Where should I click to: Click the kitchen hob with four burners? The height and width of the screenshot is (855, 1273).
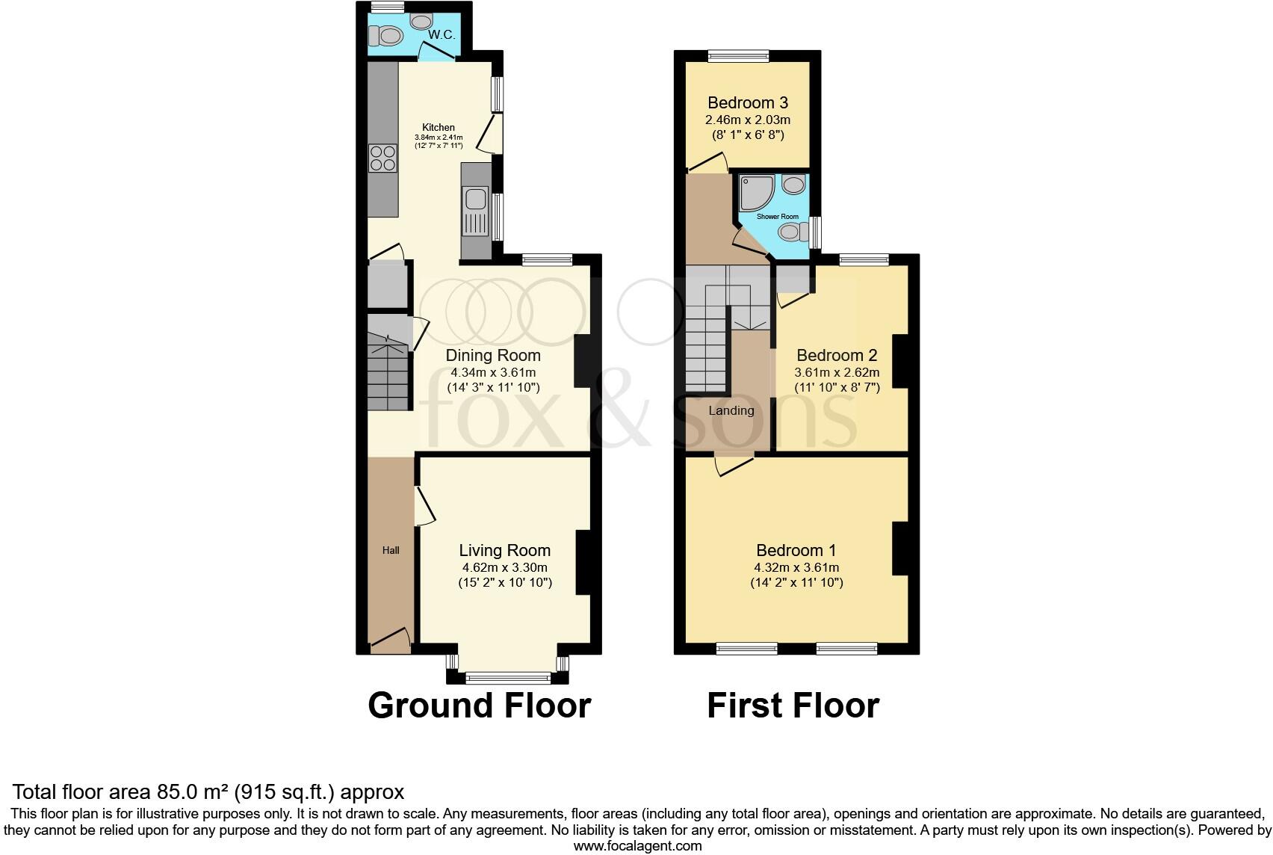[382, 158]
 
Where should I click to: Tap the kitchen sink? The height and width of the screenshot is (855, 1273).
[474, 200]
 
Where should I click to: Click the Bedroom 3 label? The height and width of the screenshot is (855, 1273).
[748, 103]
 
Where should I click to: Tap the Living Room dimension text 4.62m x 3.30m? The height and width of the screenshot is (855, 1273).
[504, 567]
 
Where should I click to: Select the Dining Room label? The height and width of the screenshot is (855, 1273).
[493, 356]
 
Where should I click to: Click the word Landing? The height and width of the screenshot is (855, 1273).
[731, 410]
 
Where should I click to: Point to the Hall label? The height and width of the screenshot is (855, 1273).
[391, 551]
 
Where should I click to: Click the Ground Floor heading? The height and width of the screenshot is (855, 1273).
[479, 706]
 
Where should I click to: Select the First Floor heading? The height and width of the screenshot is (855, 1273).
[793, 706]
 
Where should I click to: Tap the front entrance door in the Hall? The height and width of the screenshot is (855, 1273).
[389, 638]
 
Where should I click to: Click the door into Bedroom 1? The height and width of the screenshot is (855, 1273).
[734, 465]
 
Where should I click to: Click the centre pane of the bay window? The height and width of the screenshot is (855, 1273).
[508, 678]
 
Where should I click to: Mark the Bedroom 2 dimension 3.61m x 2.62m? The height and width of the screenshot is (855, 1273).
[837, 372]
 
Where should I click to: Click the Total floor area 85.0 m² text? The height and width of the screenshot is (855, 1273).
[208, 791]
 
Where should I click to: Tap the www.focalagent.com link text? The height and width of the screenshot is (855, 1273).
[637, 846]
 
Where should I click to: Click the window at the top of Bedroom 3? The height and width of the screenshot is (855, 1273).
[738, 55]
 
